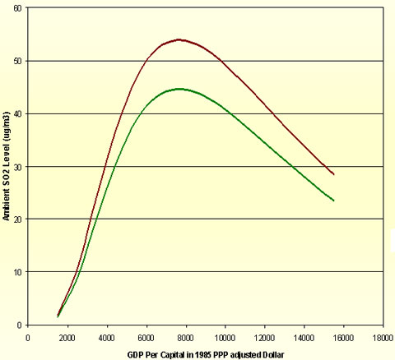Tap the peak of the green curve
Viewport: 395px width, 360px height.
(179, 89)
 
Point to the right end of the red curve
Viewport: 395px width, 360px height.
(333, 174)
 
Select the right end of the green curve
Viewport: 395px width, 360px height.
(333, 201)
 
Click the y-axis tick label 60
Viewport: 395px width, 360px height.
(17, 8)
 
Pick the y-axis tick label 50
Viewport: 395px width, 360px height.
(17, 61)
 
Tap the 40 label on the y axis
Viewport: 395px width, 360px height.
(17, 113)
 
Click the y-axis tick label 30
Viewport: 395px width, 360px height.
(17, 166)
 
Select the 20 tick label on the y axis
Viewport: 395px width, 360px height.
(17, 219)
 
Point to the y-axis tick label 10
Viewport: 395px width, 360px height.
(17, 272)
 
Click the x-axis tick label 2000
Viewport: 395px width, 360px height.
(67, 335)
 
